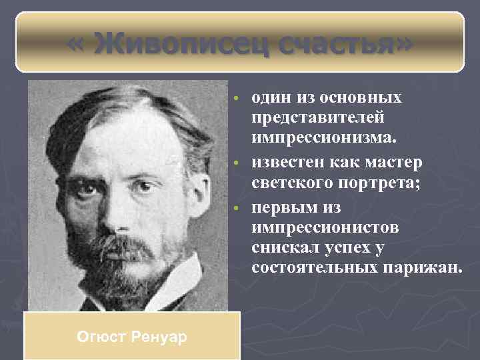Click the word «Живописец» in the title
click(x=176, y=45)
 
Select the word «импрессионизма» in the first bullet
click(x=323, y=138)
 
